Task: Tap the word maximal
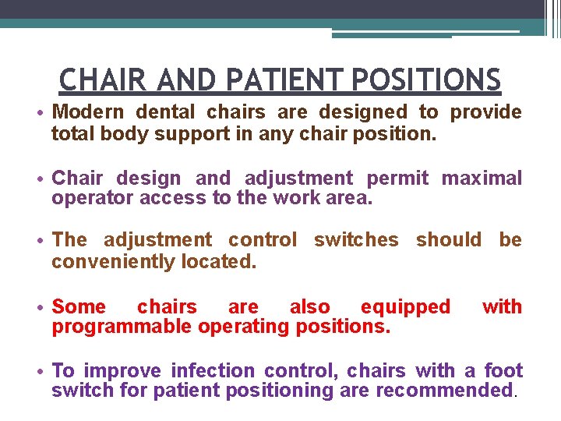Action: tap(482, 179)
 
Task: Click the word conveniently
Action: tap(114, 261)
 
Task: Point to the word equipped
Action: tap(405, 307)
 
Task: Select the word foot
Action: tap(503, 371)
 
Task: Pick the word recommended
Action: tap(448, 391)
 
